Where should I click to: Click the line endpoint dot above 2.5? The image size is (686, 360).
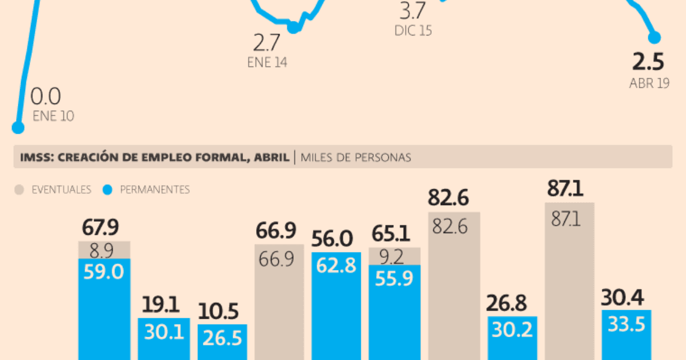[655, 38]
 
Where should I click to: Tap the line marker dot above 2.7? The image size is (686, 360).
[293, 27]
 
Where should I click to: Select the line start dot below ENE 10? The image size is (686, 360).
[18, 127]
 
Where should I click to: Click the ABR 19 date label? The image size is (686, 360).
[649, 83]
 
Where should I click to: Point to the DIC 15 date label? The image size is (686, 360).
[413, 31]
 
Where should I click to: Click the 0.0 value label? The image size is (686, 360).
[46, 96]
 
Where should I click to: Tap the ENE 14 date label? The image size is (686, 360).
[267, 62]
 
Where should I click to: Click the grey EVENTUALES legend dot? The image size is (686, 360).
[19, 190]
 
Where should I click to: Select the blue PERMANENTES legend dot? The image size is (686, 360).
[107, 190]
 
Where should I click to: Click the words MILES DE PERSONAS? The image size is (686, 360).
[356, 157]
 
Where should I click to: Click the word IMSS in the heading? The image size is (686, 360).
[37, 157]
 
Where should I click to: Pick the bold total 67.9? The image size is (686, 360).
[100, 227]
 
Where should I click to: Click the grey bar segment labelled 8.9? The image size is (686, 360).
[105, 250]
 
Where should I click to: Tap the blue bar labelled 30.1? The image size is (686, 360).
[164, 339]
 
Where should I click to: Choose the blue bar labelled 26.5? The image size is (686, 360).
[222, 342]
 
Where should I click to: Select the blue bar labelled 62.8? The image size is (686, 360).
[336, 306]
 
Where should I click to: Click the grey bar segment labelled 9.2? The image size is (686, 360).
[394, 256]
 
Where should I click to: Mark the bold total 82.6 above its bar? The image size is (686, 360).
[448, 198]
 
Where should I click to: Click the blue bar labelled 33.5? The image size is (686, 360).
[627, 335]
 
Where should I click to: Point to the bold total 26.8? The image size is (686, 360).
[506, 303]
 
